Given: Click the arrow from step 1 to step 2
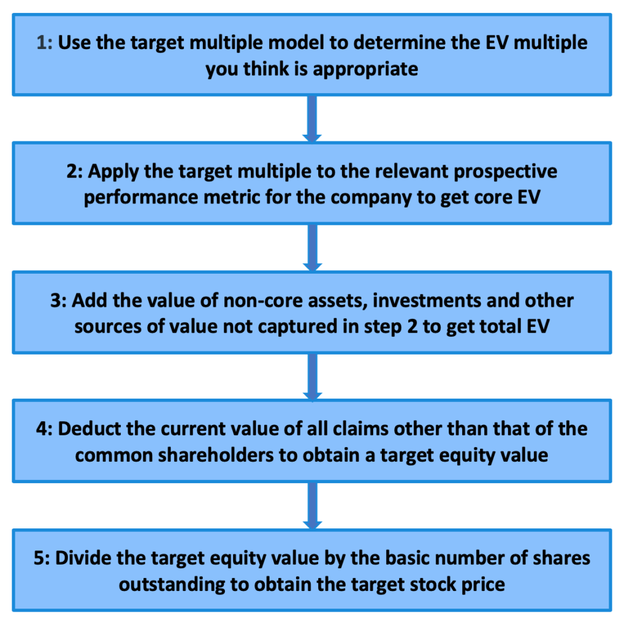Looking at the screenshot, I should (x=313, y=118).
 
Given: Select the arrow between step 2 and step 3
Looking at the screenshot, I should (x=313, y=247).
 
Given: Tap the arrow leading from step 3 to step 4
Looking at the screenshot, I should (x=313, y=376).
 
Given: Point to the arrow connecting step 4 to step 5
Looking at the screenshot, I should (x=313, y=505).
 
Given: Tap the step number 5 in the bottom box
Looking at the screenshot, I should (x=42, y=558).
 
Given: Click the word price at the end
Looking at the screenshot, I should (x=482, y=585).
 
